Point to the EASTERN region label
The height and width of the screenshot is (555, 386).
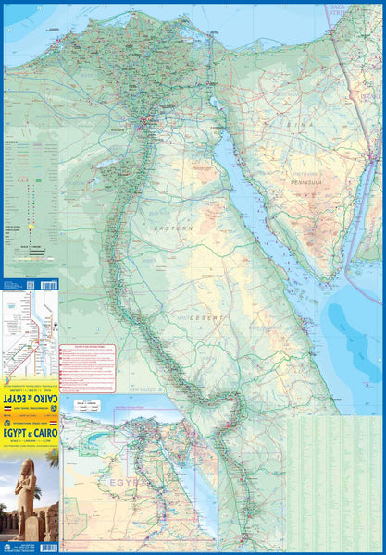tap(173, 228)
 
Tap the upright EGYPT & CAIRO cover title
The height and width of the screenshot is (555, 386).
tap(31, 430)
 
